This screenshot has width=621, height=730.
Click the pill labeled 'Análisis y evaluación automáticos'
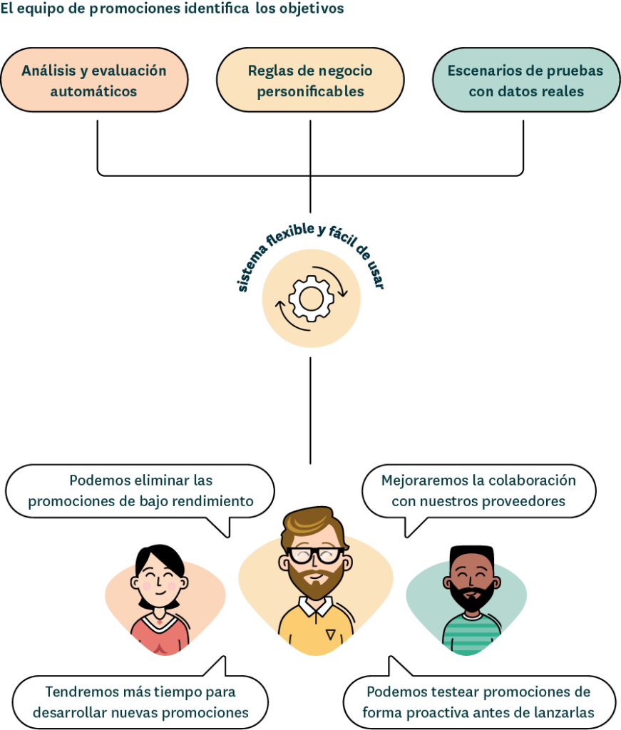(93, 81)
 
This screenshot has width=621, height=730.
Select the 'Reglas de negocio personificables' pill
(310, 81)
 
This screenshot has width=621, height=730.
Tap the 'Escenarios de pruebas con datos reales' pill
(526, 81)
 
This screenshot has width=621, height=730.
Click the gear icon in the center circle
(310, 298)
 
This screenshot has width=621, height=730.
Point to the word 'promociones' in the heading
(130, 9)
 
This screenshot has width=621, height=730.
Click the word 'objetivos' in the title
(317, 9)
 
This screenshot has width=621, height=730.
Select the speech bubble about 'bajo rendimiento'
(140, 491)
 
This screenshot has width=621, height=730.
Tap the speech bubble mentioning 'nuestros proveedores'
(478, 491)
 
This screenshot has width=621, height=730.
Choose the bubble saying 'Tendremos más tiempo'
(140, 701)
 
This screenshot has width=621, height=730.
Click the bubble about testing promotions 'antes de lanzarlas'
(478, 701)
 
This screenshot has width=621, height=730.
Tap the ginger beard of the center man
(314, 584)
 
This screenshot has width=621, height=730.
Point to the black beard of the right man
(471, 597)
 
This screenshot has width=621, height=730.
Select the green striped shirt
(471, 634)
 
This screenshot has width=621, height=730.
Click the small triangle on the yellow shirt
(330, 634)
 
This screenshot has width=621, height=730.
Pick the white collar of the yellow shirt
(314, 607)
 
